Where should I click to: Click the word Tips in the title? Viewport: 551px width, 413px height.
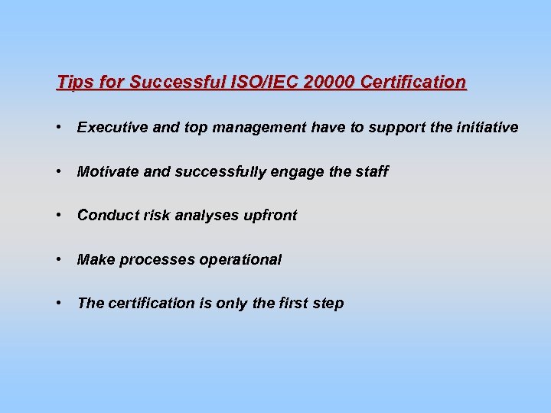(73, 82)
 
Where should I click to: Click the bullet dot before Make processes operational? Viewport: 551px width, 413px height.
(59, 260)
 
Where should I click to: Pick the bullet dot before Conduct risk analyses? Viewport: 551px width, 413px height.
(59, 216)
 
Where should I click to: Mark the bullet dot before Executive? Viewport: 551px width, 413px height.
(59, 128)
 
